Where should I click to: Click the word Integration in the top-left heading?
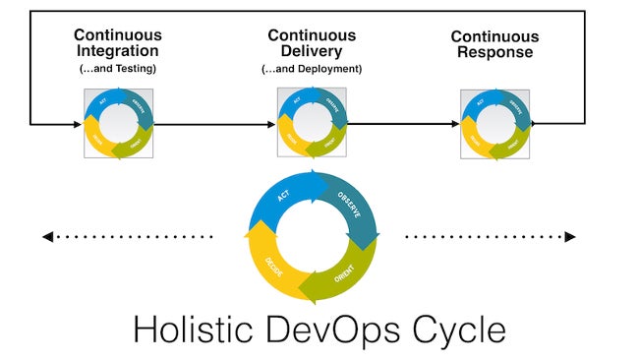tap(118, 51)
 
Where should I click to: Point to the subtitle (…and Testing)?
tap(118, 68)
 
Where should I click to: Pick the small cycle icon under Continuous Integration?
tap(118, 124)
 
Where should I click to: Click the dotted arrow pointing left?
tap(128, 236)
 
